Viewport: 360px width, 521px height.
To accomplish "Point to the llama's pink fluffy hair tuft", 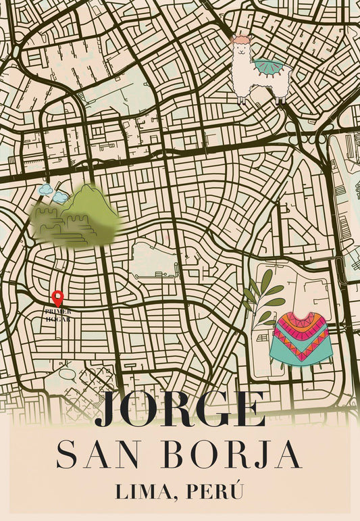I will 241,40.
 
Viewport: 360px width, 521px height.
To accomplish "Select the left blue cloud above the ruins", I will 47,190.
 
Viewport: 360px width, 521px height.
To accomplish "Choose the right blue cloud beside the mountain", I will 61,197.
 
